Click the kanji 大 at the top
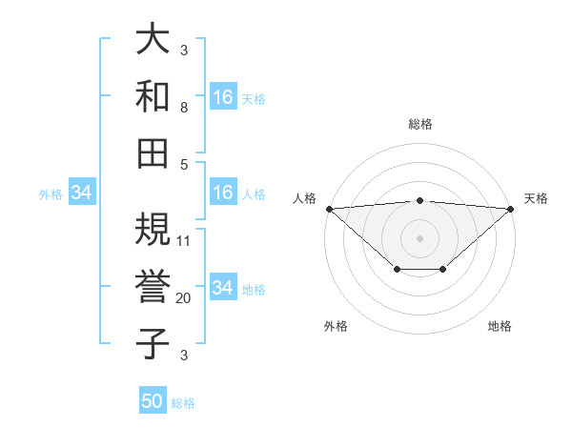(x=153, y=41)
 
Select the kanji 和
(x=153, y=95)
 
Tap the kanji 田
(x=153, y=151)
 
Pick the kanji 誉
(x=153, y=287)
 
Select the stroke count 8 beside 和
(x=184, y=109)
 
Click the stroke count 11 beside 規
(x=184, y=241)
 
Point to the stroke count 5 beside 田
(x=184, y=164)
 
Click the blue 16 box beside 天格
(x=223, y=96)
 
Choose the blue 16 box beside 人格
(x=223, y=193)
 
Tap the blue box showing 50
(x=153, y=401)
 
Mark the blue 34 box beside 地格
(x=223, y=288)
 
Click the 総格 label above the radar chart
(x=420, y=124)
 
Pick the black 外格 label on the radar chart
(x=336, y=327)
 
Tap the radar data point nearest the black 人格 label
(x=329, y=209)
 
